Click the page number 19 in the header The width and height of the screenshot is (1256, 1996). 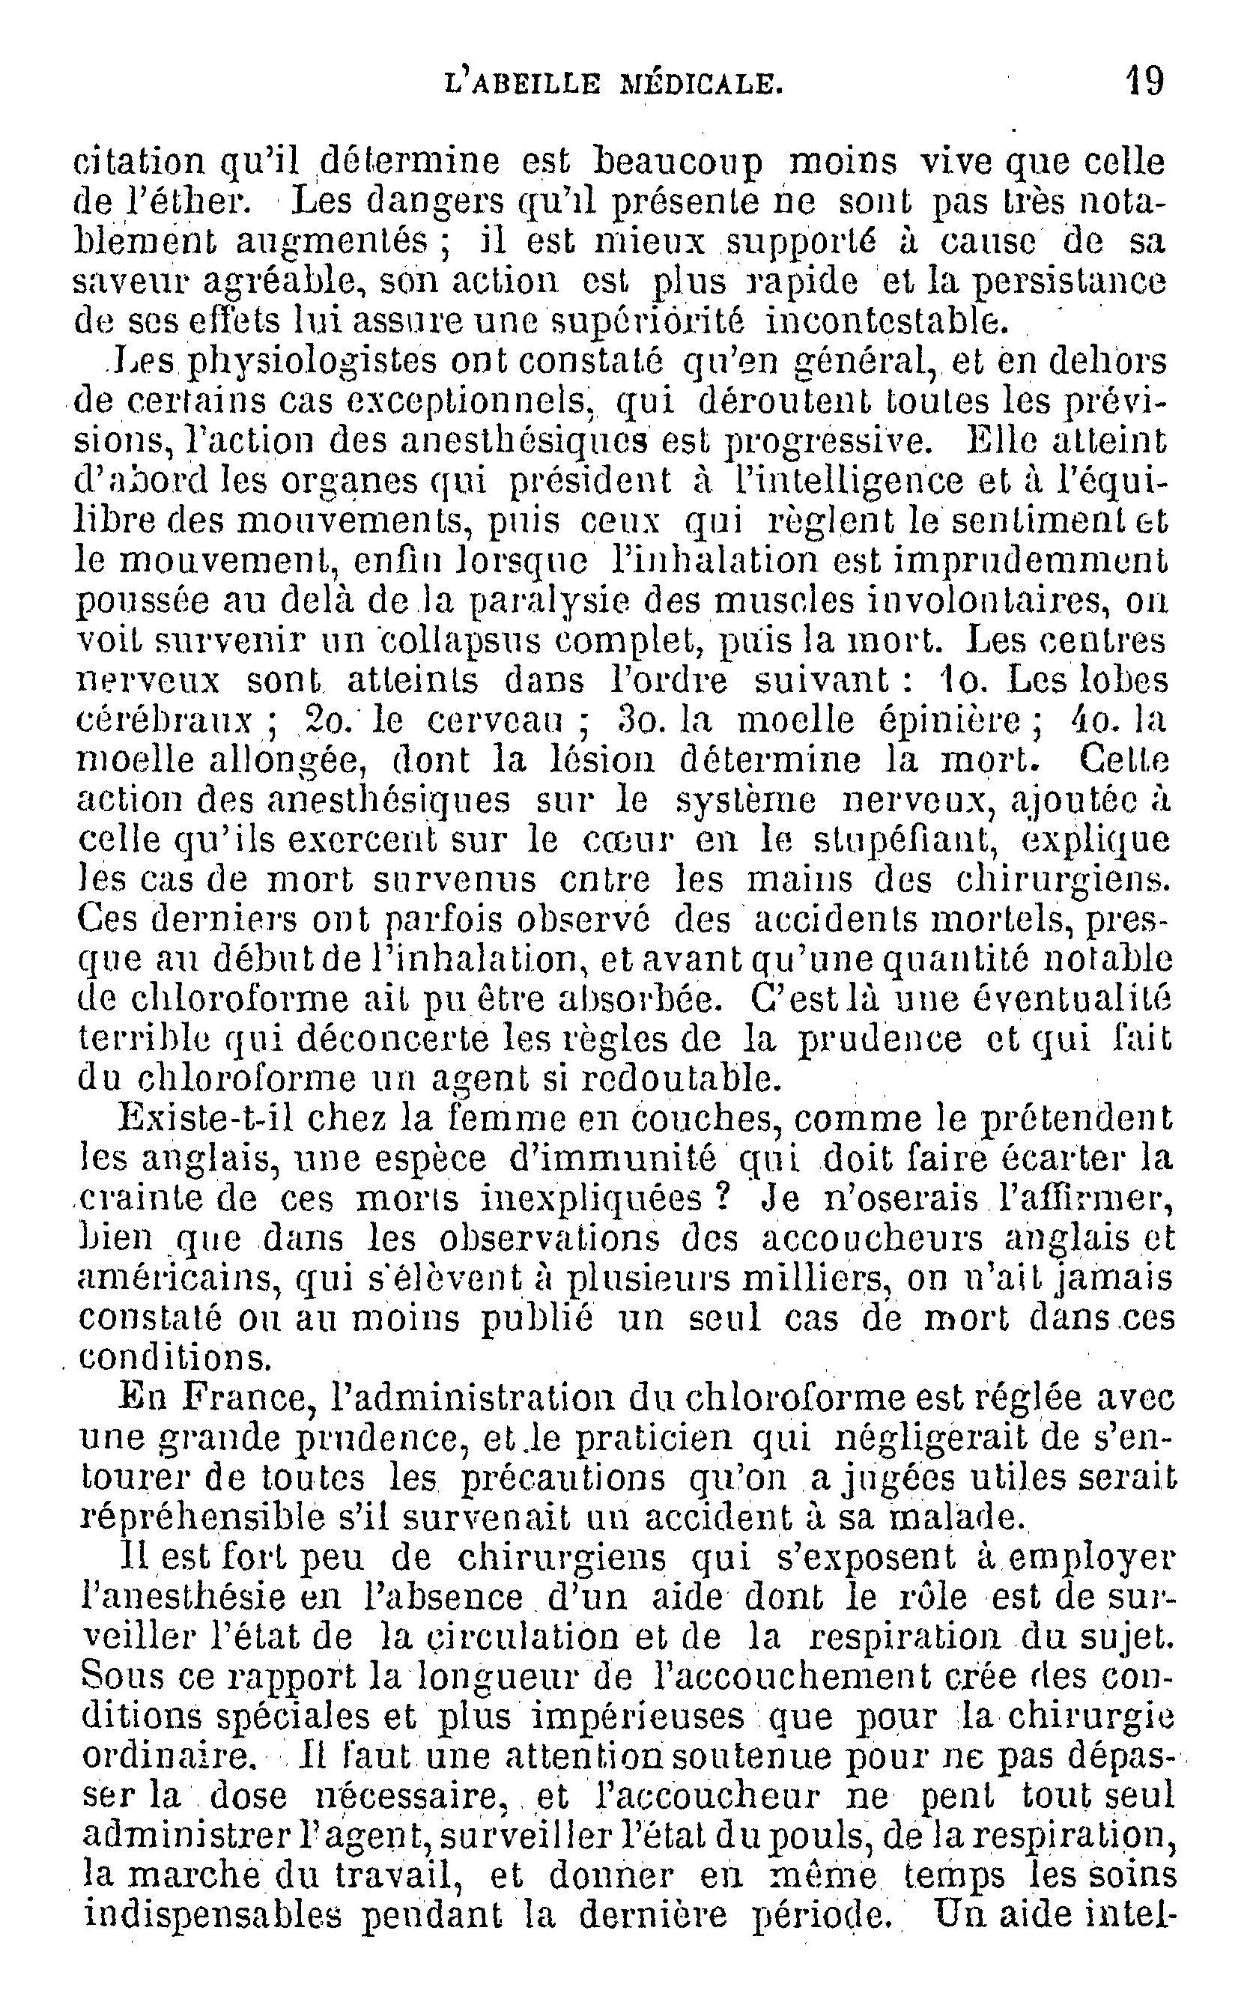point(1145,82)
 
